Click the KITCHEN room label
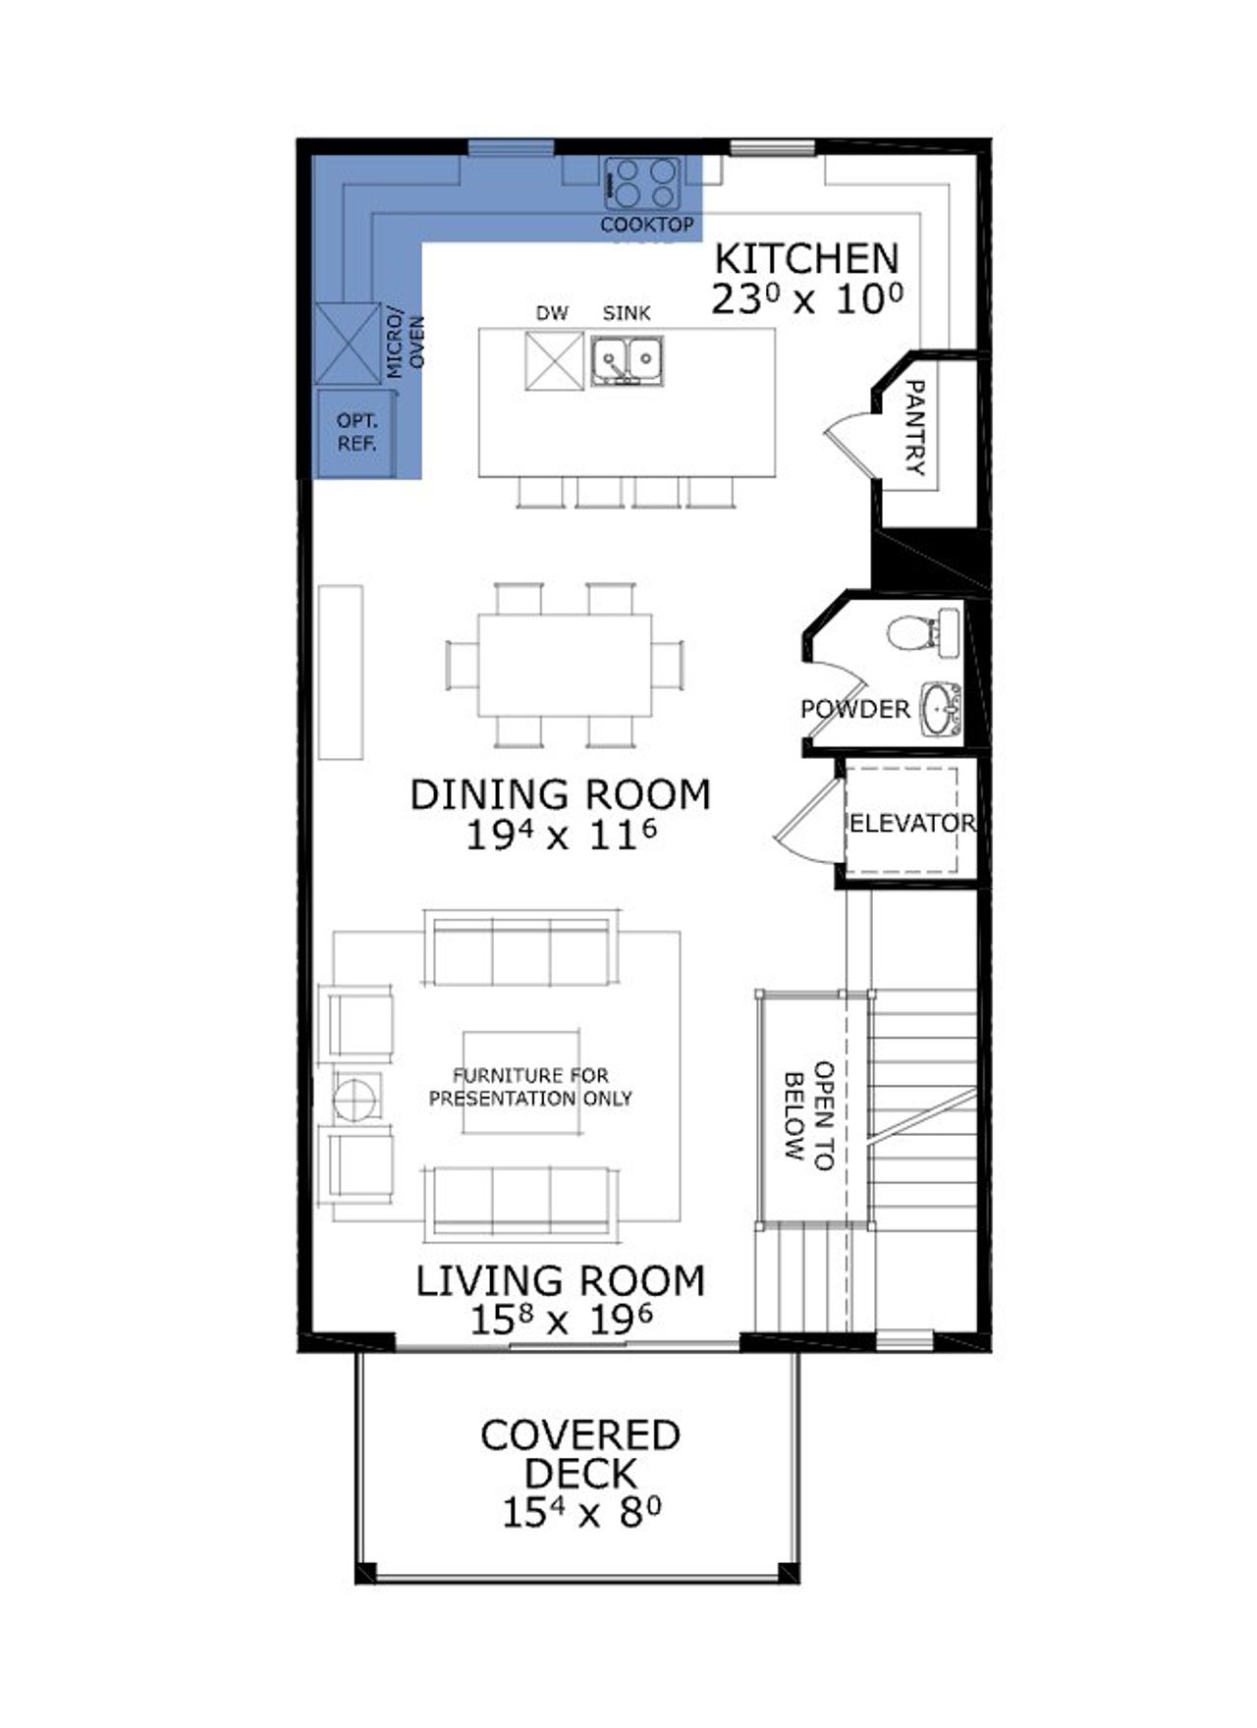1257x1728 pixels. pos(806,259)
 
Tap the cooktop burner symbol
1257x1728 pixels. pos(642,184)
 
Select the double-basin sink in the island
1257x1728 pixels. pos(628,360)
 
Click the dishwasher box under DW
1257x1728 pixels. pos(554,361)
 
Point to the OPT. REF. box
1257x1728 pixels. pos(356,433)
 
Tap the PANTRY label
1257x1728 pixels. pos(914,428)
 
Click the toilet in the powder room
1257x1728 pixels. pos(911,633)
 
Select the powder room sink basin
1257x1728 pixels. pos(938,709)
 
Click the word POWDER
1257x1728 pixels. pos(854,709)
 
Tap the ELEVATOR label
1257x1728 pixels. pos(912,823)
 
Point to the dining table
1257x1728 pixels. pos(565,665)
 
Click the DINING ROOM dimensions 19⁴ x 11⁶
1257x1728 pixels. pos(561,836)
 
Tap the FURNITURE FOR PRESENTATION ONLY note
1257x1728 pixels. pos(530,1087)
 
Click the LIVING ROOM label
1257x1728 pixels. pos(561,1281)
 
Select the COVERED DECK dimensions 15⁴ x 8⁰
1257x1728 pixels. pos(580,1513)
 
